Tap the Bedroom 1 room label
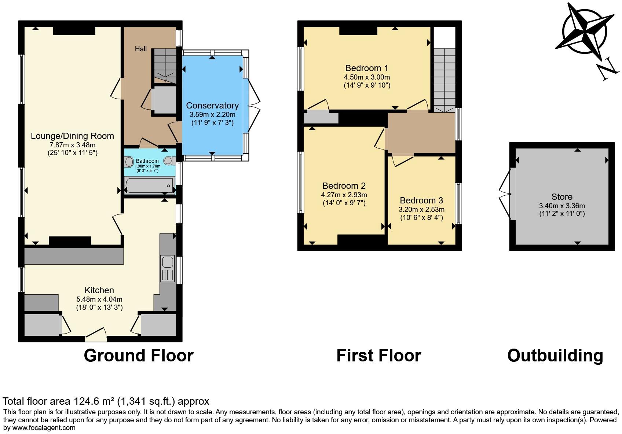point(366,68)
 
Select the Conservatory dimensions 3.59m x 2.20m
point(212,114)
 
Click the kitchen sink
point(168,262)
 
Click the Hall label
point(140,49)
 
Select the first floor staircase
point(444,80)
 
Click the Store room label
point(561,197)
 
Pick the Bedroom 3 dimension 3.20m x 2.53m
point(421,210)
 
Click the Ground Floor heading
point(138,356)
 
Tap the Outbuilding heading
point(555,356)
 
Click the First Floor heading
point(378,356)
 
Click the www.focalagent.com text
point(44,428)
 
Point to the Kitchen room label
point(99,290)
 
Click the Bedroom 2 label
point(344,186)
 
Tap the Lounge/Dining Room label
point(72,136)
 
